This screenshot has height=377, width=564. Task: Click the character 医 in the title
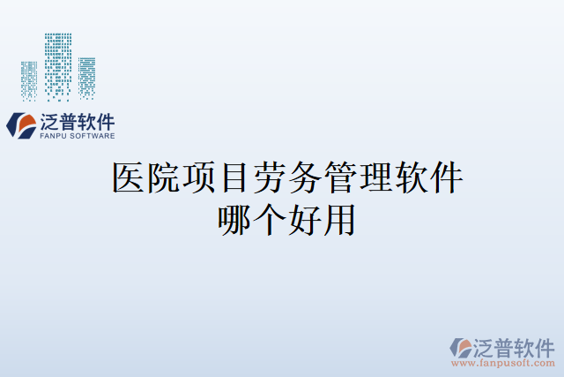click(x=130, y=178)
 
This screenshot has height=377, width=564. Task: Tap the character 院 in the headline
click(x=165, y=178)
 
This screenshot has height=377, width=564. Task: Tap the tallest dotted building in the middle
click(x=58, y=66)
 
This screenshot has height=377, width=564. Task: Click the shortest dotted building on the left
click(x=29, y=80)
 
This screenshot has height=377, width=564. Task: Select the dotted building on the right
click(x=86, y=78)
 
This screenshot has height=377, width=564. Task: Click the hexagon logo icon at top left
click(x=22, y=124)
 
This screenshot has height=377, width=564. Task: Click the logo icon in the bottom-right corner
click(x=460, y=347)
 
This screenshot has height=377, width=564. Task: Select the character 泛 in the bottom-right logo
click(x=488, y=345)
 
